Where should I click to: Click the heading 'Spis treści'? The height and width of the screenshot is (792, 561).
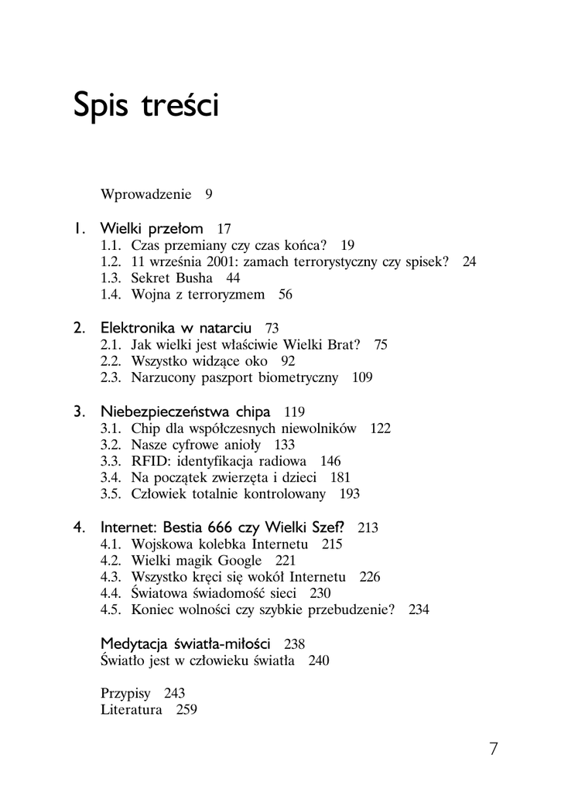click(145, 105)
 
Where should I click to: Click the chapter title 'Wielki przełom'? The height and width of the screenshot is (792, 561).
click(152, 228)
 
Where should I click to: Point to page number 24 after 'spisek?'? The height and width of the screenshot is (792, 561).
click(470, 261)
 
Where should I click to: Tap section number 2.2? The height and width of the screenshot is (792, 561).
click(112, 361)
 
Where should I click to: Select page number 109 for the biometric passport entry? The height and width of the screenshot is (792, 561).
click(362, 377)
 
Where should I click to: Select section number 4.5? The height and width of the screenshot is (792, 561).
click(112, 610)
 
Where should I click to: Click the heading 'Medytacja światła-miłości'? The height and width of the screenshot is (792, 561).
click(186, 643)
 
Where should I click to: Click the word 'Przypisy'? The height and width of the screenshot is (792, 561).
click(125, 693)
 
